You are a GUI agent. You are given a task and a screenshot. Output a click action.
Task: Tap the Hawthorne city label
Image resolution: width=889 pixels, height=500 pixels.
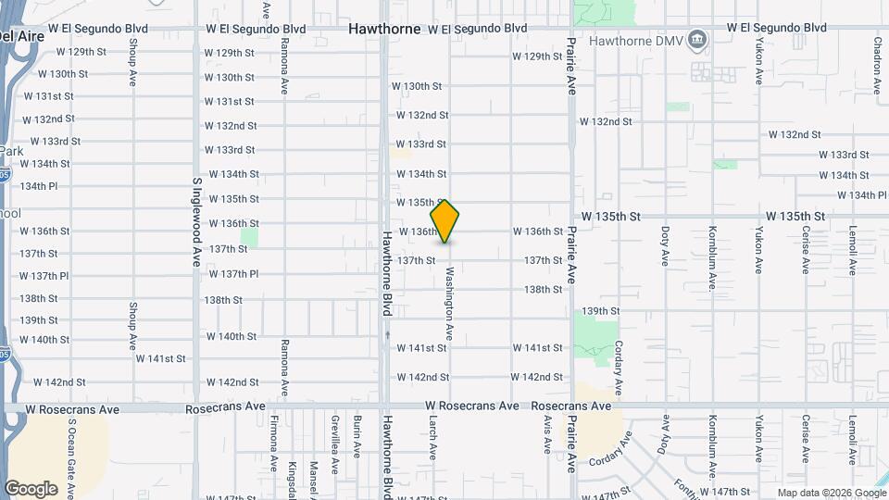pos(384,29)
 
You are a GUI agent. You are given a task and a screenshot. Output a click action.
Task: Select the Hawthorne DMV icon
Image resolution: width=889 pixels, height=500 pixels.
pos(697,40)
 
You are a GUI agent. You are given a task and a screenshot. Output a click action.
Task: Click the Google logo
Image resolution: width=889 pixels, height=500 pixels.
pos(31,489)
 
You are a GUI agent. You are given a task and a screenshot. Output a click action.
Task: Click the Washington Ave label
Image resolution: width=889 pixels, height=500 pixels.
pos(450,304)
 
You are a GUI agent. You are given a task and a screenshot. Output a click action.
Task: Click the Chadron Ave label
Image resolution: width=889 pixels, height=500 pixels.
pos(877,65)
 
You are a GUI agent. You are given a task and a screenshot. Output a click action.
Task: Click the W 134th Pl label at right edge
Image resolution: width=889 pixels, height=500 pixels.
pos(861,195)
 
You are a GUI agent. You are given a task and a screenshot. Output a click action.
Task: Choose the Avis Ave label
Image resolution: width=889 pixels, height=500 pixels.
pos(548,433)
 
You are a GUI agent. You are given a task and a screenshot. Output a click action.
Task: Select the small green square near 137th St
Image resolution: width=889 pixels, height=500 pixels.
pos(249,238)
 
